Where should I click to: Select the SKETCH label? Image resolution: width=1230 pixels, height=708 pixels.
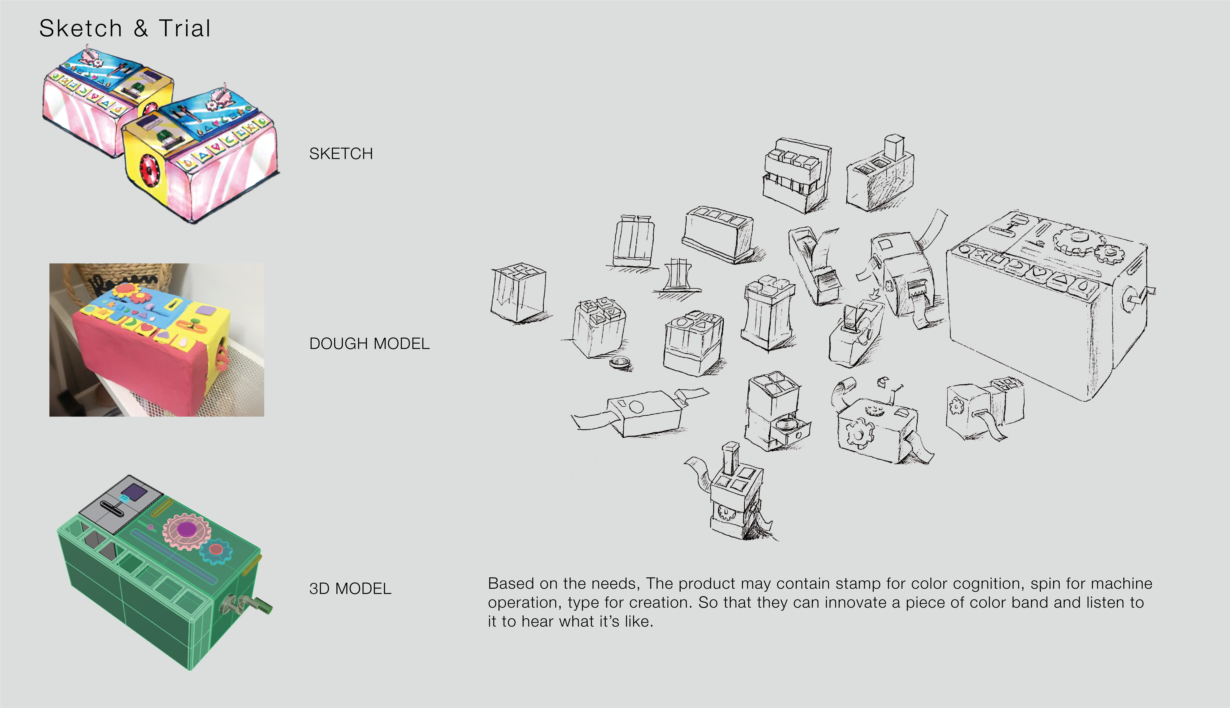pos(341,154)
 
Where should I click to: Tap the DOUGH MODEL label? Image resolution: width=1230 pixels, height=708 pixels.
pos(369,344)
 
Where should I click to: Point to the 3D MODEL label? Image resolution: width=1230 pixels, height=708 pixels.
pos(350,589)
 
